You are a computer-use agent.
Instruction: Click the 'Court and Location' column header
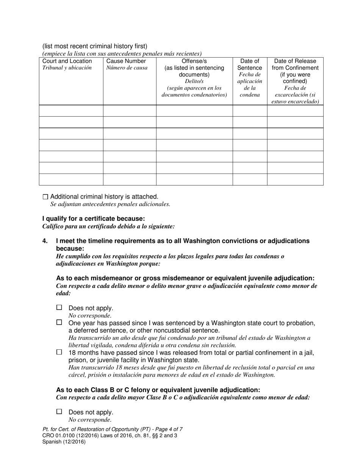coord(67,61)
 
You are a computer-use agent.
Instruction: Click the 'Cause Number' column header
coord(126,61)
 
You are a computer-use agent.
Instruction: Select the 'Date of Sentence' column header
coord(250,64)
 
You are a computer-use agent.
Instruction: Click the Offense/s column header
coord(194,61)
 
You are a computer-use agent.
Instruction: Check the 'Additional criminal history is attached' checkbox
coord(45,197)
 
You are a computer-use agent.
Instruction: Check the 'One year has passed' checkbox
coord(59,323)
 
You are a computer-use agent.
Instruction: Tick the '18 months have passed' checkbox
coord(59,352)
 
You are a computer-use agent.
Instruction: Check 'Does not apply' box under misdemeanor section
coord(59,308)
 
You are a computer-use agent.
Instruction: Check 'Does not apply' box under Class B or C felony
coord(59,412)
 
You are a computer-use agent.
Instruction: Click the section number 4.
coord(45,241)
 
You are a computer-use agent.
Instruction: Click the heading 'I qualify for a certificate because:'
coord(93,219)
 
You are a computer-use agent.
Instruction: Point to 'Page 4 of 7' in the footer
coord(164,429)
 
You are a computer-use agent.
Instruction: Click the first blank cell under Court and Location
coord(71,111)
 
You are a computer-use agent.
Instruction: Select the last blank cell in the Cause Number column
coord(130,180)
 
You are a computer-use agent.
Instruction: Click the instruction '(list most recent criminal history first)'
coord(95,46)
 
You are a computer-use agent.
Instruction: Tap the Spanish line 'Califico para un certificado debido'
coord(108,226)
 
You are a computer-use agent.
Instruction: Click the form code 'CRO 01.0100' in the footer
coord(58,435)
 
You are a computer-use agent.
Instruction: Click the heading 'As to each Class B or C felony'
coord(158,390)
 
